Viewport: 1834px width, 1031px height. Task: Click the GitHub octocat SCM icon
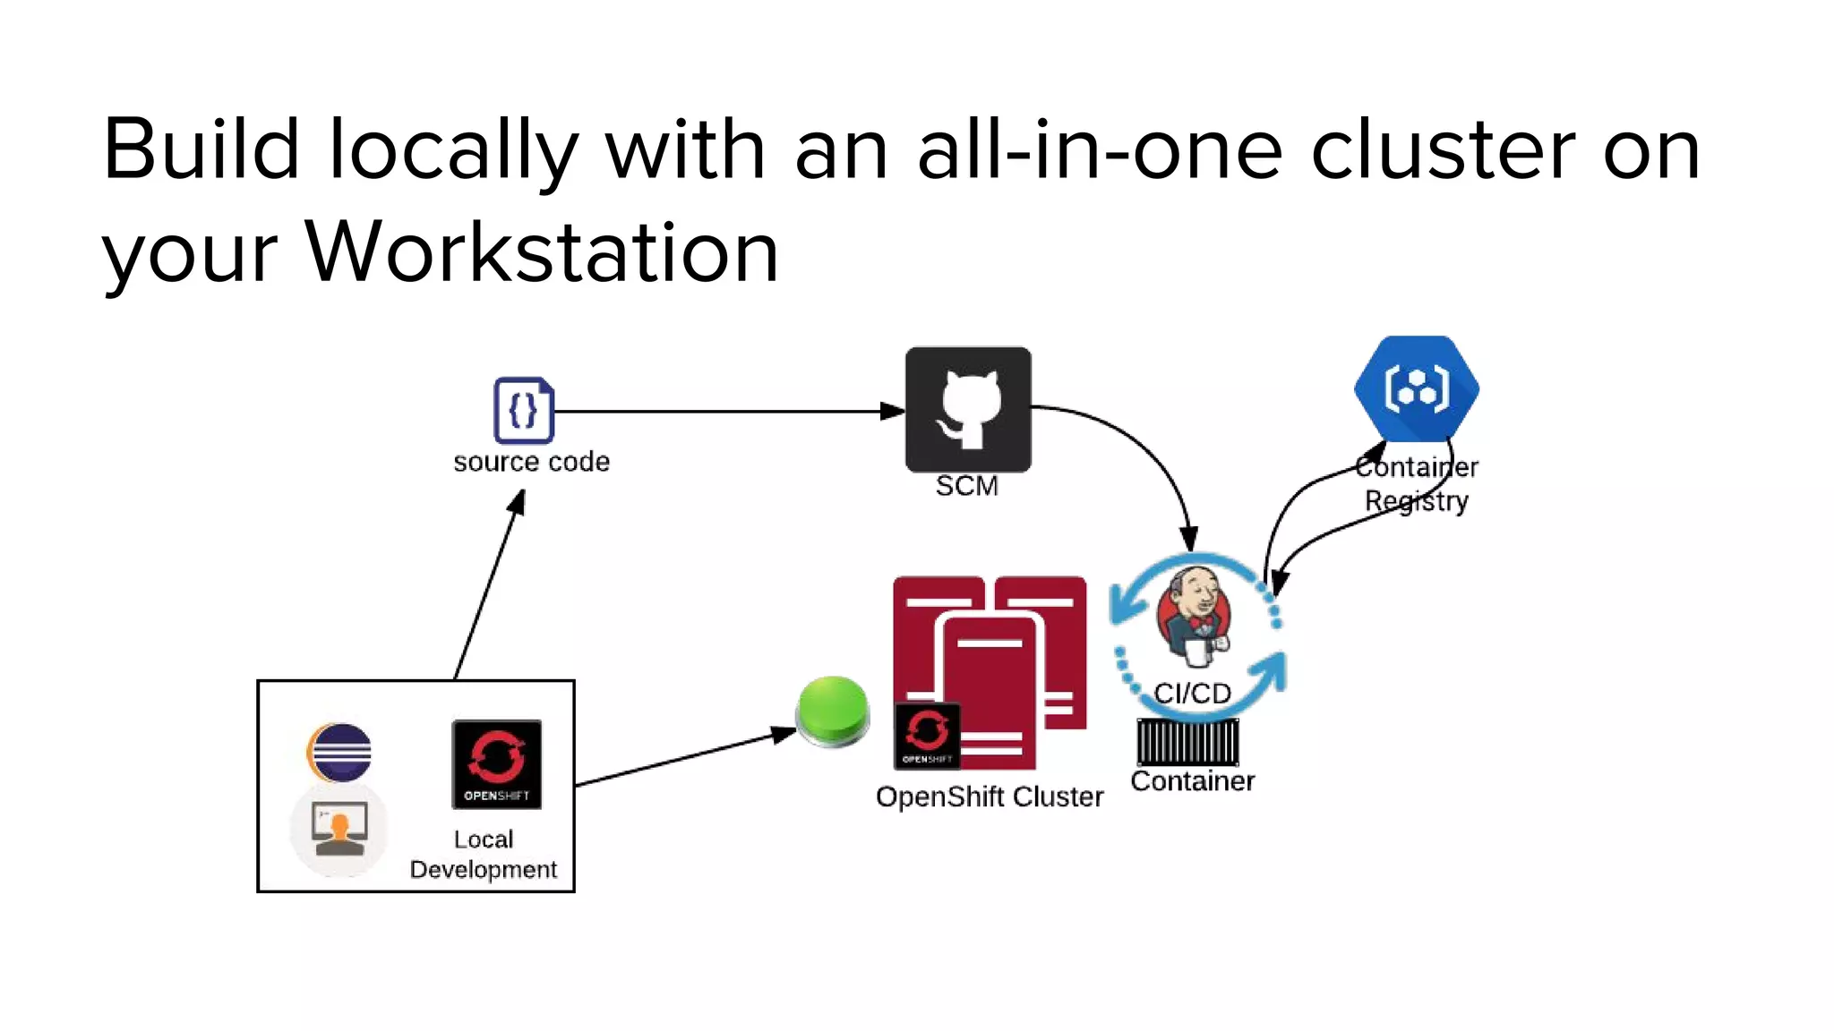pos(968,410)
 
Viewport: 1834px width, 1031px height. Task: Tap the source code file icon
pos(524,411)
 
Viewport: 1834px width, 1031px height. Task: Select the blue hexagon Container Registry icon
pos(1417,388)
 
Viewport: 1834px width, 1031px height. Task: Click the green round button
pos(833,711)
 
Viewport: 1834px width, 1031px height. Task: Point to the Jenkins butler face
pos(1195,611)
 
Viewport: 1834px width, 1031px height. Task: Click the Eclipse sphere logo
pos(339,753)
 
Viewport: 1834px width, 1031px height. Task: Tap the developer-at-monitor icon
pos(339,828)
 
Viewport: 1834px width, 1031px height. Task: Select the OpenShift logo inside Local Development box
pos(497,764)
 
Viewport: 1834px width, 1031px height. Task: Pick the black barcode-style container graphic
pos(1188,742)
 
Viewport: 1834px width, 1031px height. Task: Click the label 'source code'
pos(531,462)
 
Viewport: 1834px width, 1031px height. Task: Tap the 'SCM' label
pos(967,486)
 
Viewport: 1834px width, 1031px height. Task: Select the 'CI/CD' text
pos(1192,693)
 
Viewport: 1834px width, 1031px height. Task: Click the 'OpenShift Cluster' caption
pos(990,797)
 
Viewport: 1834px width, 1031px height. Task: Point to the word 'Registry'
pos(1416,501)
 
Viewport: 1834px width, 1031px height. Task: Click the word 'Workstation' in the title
pos(542,252)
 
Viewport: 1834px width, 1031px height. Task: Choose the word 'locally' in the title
pos(454,150)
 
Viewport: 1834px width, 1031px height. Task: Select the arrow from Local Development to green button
pos(685,759)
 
